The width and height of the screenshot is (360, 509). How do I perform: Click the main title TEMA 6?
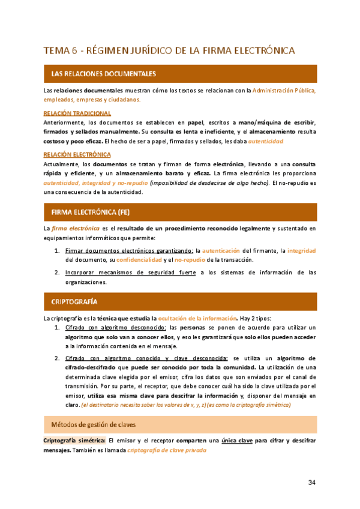(x=169, y=50)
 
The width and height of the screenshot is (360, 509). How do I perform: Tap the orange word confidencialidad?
(x=139, y=259)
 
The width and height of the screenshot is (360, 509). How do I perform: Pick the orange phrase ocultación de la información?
(x=197, y=317)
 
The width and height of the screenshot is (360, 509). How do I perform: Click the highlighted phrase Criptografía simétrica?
(x=74, y=424)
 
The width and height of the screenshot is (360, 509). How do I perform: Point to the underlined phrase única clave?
(x=236, y=424)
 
